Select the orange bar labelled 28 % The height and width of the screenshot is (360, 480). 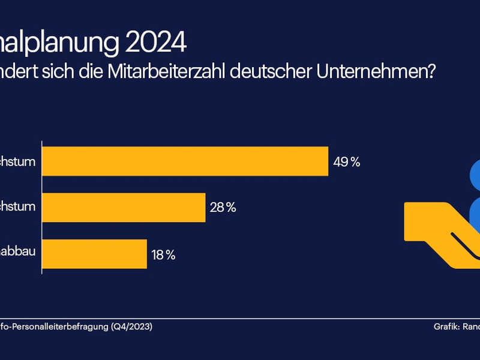pos(124,208)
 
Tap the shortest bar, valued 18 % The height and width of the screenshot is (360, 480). pos(94,254)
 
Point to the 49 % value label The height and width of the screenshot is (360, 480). pos(347,162)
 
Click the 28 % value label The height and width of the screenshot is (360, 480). pos(223,208)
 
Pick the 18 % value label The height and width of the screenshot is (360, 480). pos(163,254)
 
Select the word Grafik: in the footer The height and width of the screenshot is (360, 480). pos(447,327)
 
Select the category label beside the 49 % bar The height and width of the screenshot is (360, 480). pos(18,161)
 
